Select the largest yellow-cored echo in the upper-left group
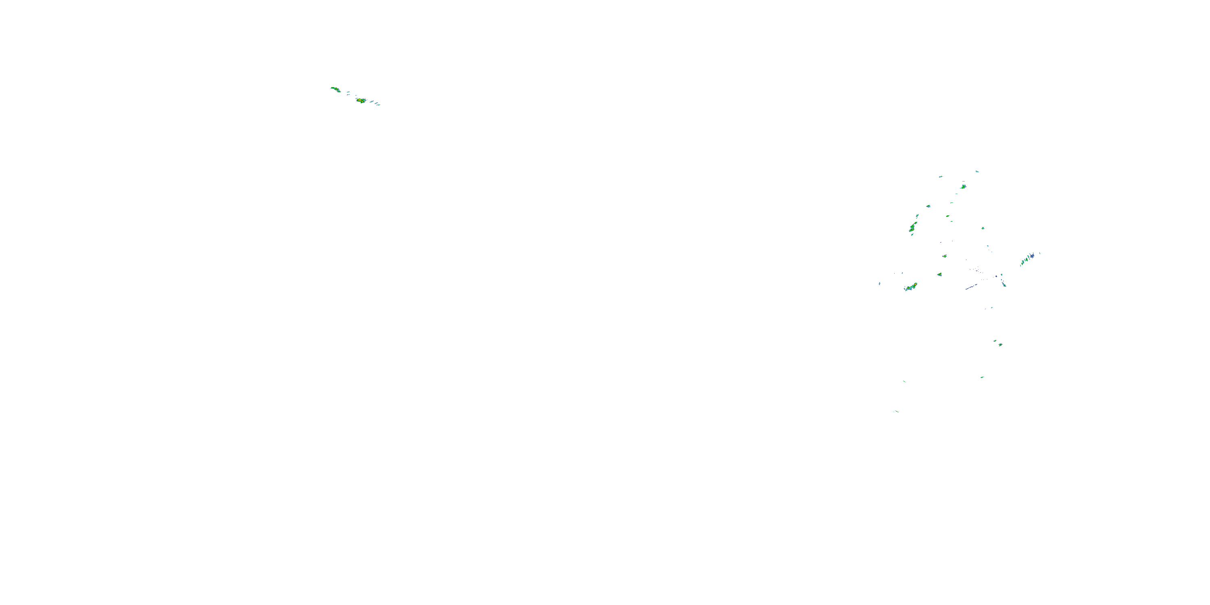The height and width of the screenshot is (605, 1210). [x=360, y=100]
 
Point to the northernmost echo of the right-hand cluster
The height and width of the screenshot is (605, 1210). [x=977, y=171]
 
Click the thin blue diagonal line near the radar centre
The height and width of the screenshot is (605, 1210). [x=970, y=286]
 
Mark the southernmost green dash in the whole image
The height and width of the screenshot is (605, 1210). [x=896, y=411]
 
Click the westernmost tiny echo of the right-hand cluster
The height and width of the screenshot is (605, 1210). [x=879, y=284]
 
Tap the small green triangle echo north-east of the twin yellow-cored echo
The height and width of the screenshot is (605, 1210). [x=939, y=274]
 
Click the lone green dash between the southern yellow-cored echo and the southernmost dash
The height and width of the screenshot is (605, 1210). [x=982, y=377]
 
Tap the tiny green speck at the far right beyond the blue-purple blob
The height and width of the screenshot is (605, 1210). [x=1039, y=253]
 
